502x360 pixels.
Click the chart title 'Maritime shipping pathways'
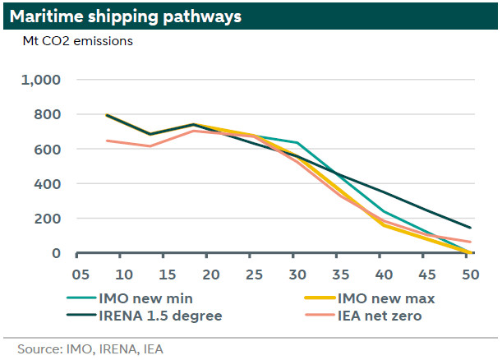click(x=126, y=15)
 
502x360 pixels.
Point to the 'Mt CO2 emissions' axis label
click(x=78, y=40)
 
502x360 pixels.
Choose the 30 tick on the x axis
click(x=298, y=274)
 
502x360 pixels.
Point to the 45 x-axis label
click(x=426, y=274)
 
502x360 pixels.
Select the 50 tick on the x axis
click(x=468, y=274)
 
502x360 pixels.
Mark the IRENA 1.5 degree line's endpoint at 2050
click(x=469, y=228)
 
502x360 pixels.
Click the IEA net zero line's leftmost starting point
click(x=107, y=141)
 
